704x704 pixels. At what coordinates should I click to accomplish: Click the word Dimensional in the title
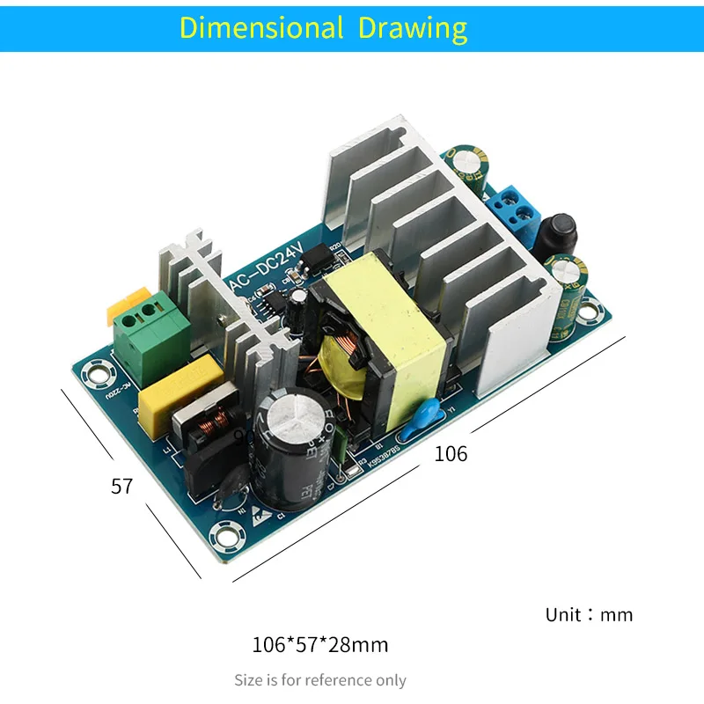(x=261, y=27)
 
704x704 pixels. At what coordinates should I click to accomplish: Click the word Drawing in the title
(x=412, y=27)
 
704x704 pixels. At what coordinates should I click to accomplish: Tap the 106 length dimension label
(x=451, y=454)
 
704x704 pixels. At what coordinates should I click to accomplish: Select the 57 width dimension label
(x=121, y=486)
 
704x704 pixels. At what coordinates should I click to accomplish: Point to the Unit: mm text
(x=589, y=614)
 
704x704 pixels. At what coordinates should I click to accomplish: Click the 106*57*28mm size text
(x=319, y=645)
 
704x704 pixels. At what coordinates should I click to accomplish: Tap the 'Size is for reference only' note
(x=320, y=680)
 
